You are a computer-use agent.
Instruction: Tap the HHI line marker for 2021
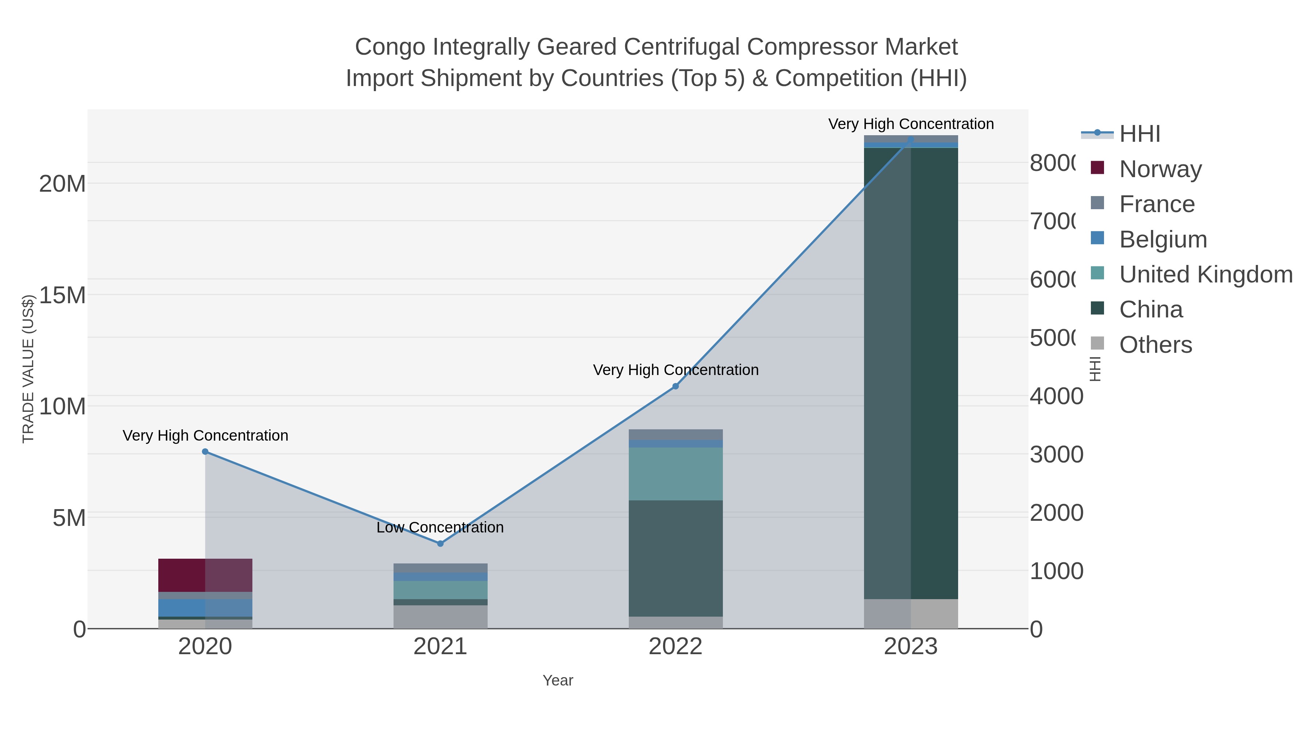(440, 543)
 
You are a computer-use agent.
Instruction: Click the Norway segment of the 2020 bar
(205, 575)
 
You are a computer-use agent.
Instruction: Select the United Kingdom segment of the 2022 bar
(675, 474)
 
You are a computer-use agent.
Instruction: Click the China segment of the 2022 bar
(675, 558)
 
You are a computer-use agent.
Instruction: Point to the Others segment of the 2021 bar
(440, 617)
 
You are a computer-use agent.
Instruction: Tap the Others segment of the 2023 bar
(911, 614)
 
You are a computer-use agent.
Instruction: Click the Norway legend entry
(1160, 169)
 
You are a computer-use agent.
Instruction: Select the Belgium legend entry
(1163, 239)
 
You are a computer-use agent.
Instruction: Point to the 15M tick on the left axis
(62, 295)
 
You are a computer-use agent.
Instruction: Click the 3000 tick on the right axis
(1056, 454)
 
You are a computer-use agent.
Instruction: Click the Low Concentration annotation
(440, 527)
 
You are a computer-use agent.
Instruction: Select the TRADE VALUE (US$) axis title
(28, 369)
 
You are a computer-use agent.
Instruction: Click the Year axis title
(558, 680)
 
